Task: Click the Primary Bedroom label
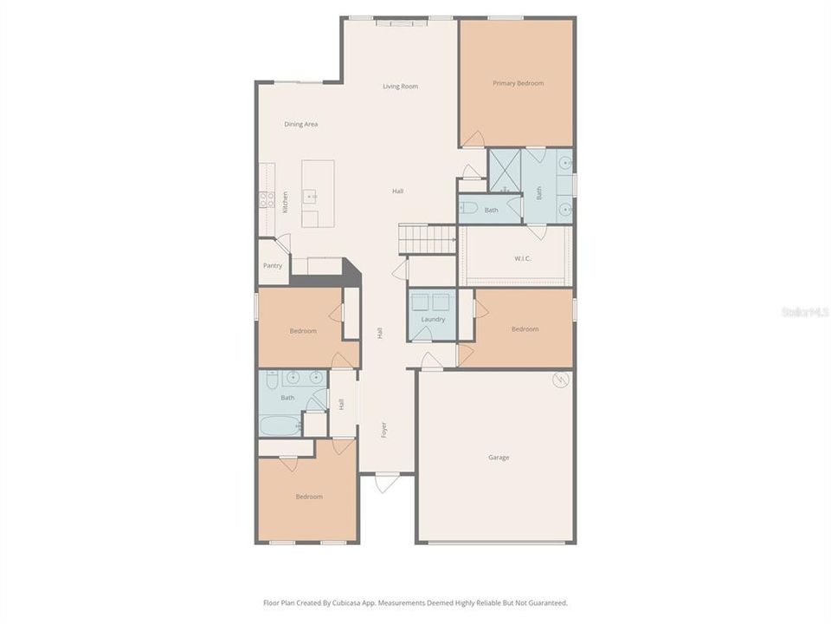tap(518, 83)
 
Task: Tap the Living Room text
tap(401, 87)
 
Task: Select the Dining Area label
tap(301, 124)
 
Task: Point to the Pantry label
tap(273, 266)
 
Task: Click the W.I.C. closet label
tap(522, 257)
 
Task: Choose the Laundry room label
tap(433, 319)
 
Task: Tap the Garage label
tap(499, 458)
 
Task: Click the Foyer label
tap(384, 429)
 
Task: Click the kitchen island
tap(318, 194)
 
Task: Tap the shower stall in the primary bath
tap(504, 171)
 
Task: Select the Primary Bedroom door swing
tap(473, 139)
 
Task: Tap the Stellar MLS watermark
tap(804, 311)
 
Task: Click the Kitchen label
tap(285, 203)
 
